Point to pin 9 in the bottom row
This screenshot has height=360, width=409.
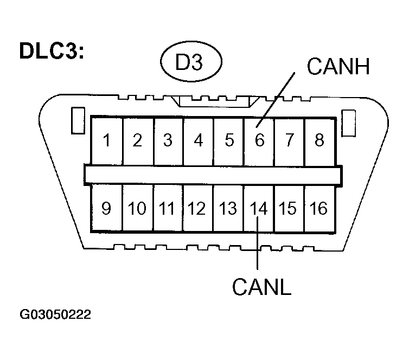[107, 208]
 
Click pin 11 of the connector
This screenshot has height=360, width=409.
[168, 208]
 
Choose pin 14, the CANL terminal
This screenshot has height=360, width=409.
[259, 208]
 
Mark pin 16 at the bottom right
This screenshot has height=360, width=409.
[319, 208]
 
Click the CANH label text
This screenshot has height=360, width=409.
[337, 67]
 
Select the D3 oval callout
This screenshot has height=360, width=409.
[190, 63]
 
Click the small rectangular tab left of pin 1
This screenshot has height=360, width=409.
[77, 120]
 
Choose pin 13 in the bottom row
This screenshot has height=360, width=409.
[229, 208]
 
